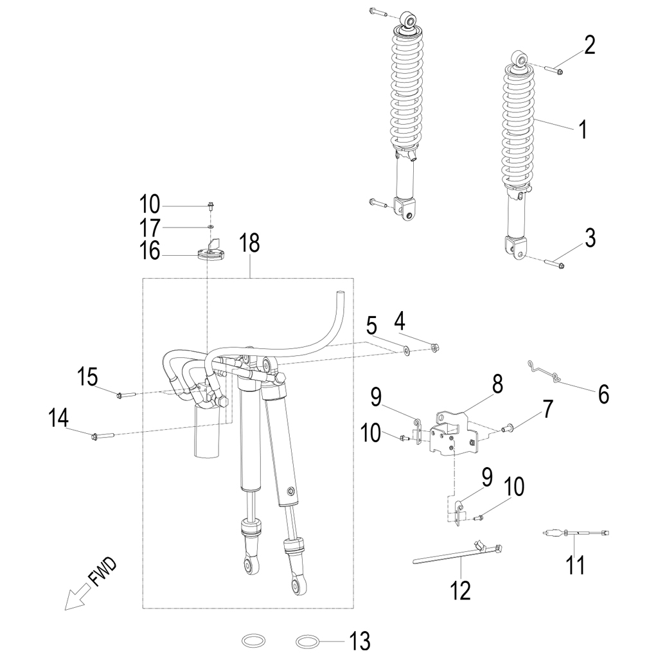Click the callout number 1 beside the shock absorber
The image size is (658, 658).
tap(582, 129)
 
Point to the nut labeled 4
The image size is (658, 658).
tap(435, 348)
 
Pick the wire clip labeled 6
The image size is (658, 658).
tap(546, 372)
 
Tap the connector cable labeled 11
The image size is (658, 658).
tap(575, 533)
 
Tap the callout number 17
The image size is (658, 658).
tap(150, 227)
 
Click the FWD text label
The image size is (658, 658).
tap(103, 573)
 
